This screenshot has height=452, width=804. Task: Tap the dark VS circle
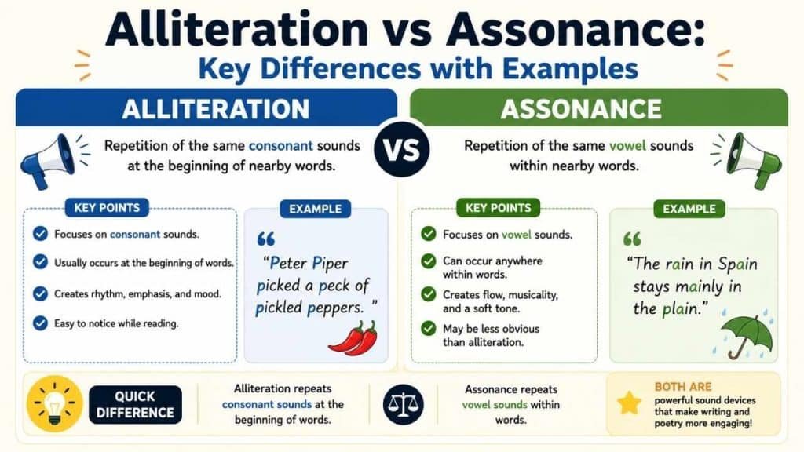402,150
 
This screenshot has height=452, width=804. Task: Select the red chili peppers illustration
353,339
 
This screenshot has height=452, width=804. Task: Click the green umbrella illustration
747,336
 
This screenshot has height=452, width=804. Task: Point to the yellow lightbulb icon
54,404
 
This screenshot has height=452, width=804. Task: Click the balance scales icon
403,404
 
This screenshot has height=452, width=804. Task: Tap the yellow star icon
629,403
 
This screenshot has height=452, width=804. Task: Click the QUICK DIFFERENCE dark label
135,405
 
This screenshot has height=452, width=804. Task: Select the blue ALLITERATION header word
216,109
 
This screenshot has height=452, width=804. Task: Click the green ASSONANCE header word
582,109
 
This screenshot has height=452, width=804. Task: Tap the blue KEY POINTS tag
107,207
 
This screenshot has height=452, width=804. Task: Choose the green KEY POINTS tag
499,207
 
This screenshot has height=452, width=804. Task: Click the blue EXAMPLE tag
316,209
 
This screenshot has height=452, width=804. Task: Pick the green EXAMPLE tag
689,209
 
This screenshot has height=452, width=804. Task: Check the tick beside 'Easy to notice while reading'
40,323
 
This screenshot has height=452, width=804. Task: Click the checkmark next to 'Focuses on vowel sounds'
428,234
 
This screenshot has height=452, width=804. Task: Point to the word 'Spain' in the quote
737,264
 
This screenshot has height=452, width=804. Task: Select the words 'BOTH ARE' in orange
683,387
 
